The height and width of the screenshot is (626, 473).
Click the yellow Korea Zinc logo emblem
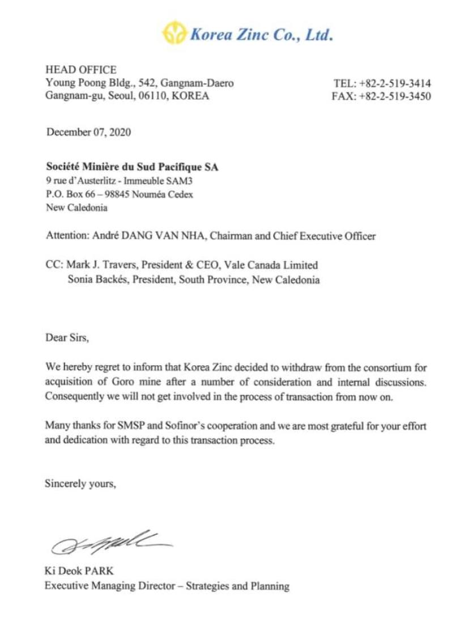tap(174, 33)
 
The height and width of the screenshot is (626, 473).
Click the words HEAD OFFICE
tap(81, 70)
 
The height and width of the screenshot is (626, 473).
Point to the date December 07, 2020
tap(88, 132)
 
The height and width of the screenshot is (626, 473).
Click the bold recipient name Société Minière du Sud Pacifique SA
tap(132, 167)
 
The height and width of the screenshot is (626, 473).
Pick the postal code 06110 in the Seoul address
tap(153, 96)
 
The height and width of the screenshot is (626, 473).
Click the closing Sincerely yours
tap(80, 484)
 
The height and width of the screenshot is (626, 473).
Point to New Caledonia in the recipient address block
tap(76, 208)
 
